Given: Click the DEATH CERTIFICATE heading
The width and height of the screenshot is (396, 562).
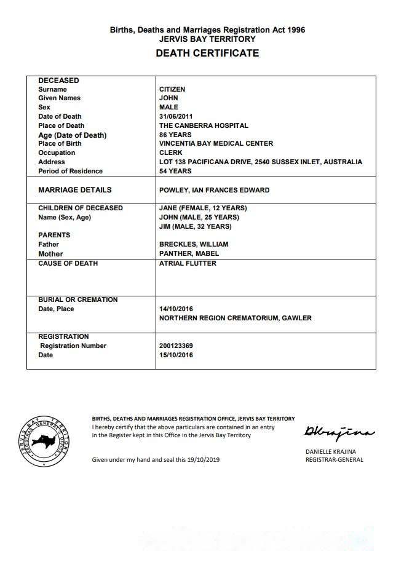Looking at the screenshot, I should pos(207,53).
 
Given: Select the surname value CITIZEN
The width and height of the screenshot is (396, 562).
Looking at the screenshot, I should pos(172,89).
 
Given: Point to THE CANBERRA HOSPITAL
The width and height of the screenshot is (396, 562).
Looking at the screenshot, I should pos(204,125).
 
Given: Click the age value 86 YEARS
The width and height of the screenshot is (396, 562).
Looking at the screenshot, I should pos(175,135).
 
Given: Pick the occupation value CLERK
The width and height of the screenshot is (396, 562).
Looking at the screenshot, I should pos(170,152).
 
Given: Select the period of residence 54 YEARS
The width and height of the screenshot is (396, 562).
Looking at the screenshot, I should pos(175,171).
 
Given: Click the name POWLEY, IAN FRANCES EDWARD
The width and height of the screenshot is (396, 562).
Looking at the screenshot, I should pos(214,190).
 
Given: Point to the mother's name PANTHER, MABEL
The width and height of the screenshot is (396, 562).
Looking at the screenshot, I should pos(189,253).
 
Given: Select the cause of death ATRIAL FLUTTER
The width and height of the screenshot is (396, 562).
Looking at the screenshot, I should pos(188,263).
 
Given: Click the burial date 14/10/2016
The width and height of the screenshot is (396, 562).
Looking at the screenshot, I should pos(176,309).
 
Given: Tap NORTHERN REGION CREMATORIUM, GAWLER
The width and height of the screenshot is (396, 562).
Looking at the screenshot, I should pos(235,318).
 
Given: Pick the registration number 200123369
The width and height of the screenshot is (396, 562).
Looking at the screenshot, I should pos(176,346).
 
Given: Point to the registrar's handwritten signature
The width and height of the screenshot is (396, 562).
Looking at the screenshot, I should pos(338,433).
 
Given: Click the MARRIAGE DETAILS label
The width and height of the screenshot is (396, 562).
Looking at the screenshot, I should pos(75,190).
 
